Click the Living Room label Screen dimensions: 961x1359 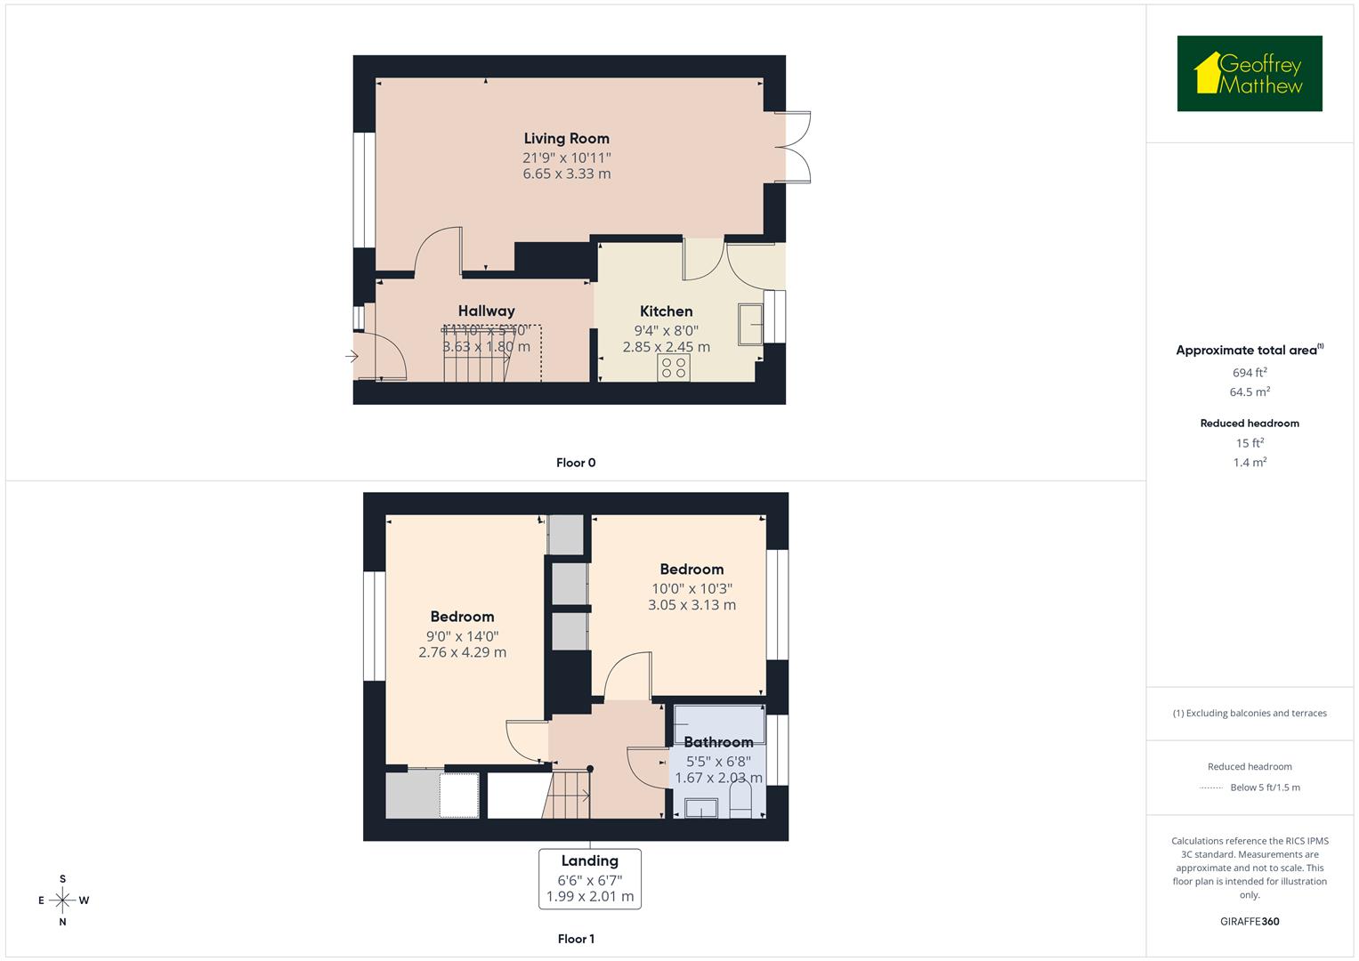(x=566, y=138)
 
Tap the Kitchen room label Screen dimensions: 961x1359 (x=666, y=311)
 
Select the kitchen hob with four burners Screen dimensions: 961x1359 (x=674, y=367)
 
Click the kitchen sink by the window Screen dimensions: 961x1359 (x=749, y=323)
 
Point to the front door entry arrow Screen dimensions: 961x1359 (x=352, y=357)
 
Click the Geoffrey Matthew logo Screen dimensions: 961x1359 (x=1250, y=74)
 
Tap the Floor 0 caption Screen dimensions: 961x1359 (x=576, y=463)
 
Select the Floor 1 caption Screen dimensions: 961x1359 (x=576, y=939)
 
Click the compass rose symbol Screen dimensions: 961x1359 (x=62, y=900)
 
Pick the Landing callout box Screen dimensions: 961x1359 (x=589, y=878)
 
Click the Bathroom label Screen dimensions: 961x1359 (x=718, y=741)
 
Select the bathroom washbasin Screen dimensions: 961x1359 (x=701, y=808)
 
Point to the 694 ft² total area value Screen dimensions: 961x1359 (x=1250, y=373)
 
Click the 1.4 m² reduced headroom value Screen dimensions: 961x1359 (x=1250, y=463)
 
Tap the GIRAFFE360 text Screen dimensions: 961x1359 (x=1250, y=921)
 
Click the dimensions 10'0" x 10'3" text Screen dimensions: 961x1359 (x=692, y=588)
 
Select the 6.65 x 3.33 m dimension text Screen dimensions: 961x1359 (x=566, y=174)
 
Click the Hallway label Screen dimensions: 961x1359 (x=486, y=311)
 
